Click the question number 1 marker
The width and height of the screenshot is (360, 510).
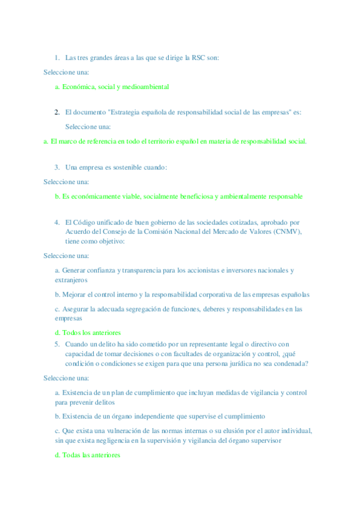pyautogui.click(x=56, y=58)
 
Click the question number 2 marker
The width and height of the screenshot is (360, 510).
pyautogui.click(x=56, y=112)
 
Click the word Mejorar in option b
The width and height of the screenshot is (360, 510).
pyautogui.click(x=74, y=295)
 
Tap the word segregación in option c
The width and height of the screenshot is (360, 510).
pyautogui.click(x=154, y=309)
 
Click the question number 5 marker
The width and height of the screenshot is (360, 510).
pyautogui.click(x=56, y=344)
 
